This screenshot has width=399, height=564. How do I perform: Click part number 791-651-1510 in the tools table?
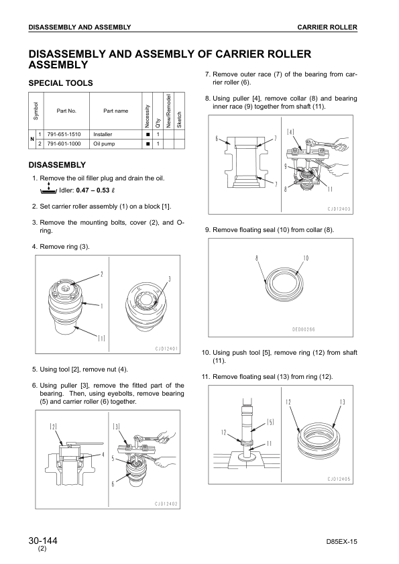click(x=64, y=134)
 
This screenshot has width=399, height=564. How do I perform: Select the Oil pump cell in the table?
click(x=104, y=144)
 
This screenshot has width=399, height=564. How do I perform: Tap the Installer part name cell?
click(x=103, y=134)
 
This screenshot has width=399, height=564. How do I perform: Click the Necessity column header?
click(x=147, y=116)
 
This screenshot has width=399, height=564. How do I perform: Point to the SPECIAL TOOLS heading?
click(x=60, y=83)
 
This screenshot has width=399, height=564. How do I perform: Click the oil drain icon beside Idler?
click(x=48, y=189)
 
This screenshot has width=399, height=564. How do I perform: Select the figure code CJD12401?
click(x=166, y=349)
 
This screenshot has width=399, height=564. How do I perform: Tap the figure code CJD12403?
click(x=339, y=209)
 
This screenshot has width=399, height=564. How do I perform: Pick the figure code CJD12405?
click(x=339, y=479)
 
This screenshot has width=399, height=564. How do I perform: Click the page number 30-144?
click(x=43, y=541)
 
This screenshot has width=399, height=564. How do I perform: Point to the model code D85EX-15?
click(x=342, y=542)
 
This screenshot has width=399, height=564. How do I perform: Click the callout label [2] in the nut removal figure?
click(x=53, y=427)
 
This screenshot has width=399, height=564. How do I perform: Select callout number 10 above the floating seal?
click(x=306, y=258)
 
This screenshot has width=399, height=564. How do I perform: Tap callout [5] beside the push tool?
click(x=270, y=422)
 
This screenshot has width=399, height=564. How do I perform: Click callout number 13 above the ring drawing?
click(x=342, y=402)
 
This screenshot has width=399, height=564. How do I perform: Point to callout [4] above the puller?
click(x=290, y=132)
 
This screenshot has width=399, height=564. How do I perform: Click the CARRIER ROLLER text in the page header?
click(x=327, y=27)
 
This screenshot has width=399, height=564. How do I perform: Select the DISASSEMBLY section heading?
click(x=57, y=165)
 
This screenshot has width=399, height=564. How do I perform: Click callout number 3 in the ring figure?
click(x=170, y=279)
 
